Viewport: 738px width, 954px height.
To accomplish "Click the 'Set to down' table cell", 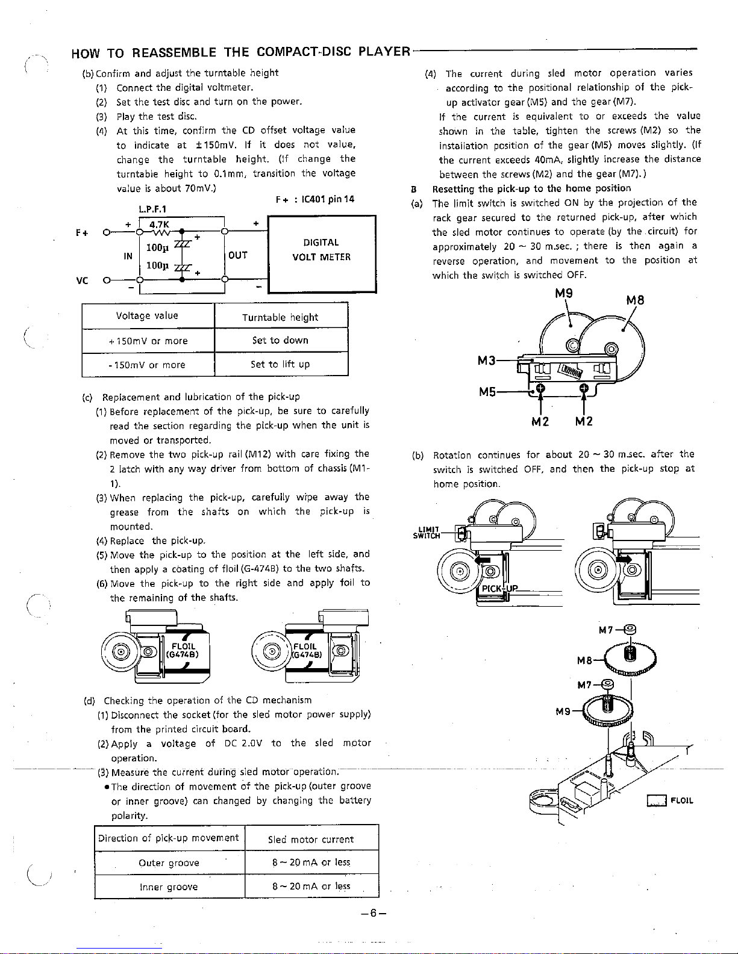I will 280,340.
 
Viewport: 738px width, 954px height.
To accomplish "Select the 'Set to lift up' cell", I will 280,364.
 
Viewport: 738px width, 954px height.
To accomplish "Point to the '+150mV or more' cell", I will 148,341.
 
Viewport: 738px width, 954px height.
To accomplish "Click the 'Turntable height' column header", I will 280,317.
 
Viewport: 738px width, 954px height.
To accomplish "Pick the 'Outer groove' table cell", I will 169,863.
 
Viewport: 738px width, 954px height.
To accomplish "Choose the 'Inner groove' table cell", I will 169,887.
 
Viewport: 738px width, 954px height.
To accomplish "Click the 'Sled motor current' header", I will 310,839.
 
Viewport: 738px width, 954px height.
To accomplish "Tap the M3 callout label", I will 487,361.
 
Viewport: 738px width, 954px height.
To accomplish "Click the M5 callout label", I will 488,392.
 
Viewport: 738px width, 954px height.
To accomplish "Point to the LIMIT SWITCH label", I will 427,532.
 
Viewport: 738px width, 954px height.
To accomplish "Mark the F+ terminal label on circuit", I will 81,232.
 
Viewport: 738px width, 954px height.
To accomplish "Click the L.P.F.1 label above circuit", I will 152,209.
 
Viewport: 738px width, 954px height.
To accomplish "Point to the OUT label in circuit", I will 238,255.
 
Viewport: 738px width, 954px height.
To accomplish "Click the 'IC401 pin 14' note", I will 314,199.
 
